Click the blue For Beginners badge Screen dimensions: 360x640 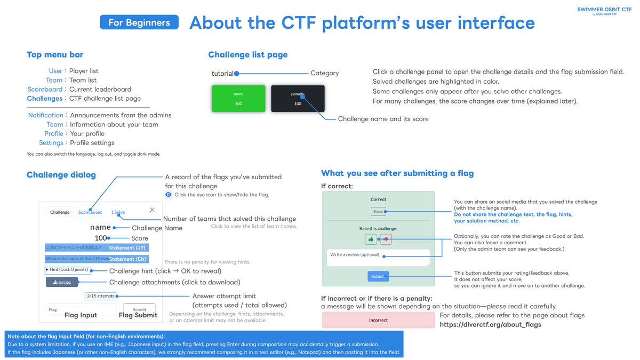click(139, 22)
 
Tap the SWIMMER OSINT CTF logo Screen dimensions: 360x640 click(604, 10)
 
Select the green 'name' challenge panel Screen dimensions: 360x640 click(238, 98)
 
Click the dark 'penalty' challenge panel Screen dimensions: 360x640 click(298, 99)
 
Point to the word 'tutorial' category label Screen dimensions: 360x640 click(222, 74)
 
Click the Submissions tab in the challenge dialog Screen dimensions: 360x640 click(90, 212)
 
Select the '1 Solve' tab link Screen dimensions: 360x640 click(118, 212)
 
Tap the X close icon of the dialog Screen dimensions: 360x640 click(152, 210)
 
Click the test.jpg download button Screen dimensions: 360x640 click(62, 282)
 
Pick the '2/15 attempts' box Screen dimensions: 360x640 click(100, 296)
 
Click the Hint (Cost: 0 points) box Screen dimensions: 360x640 click(68, 270)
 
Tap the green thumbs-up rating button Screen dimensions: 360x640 click(370, 239)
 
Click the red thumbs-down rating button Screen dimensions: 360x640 click(386, 239)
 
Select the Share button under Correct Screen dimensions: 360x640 click(378, 212)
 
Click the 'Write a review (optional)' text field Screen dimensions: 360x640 click(378, 258)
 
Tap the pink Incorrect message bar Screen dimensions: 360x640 click(378, 320)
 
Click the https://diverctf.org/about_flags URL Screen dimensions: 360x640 click(490, 324)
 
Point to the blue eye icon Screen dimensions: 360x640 click(169, 195)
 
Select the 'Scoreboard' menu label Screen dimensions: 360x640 click(45, 90)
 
